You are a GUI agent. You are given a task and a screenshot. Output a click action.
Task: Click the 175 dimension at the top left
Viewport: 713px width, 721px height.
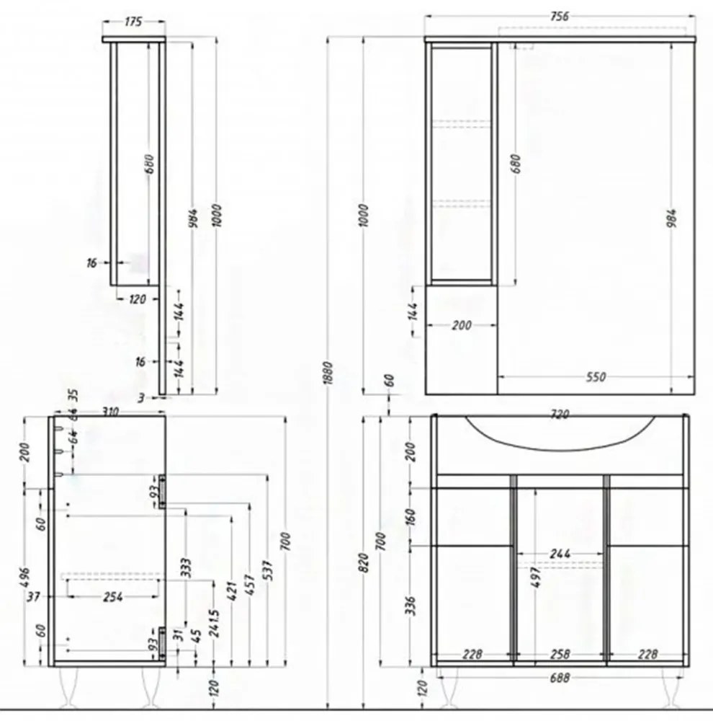coord(133,22)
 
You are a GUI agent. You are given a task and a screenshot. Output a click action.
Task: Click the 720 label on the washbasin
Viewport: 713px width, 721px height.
coord(560,415)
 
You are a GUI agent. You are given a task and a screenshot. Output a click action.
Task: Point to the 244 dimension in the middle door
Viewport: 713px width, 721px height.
coord(560,554)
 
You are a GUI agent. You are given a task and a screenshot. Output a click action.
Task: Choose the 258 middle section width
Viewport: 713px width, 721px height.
coord(560,654)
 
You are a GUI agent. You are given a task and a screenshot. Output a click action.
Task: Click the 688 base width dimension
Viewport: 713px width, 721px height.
coord(560,678)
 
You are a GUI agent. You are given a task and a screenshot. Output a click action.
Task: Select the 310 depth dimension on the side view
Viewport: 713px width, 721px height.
coord(110,412)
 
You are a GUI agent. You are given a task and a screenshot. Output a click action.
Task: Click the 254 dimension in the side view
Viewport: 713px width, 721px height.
coord(112,596)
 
